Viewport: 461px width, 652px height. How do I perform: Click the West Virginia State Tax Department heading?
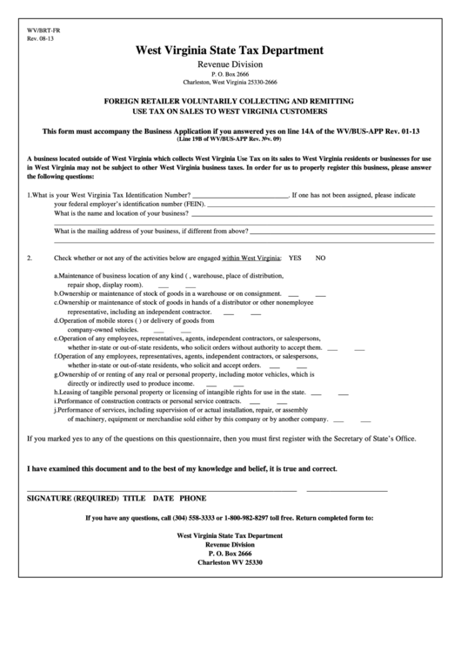click(x=230, y=50)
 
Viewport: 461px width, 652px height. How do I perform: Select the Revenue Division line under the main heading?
click(x=230, y=64)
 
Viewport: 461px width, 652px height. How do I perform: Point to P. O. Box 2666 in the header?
click(x=230, y=74)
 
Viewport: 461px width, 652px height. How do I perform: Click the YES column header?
click(x=295, y=259)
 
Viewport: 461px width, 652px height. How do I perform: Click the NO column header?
click(x=320, y=259)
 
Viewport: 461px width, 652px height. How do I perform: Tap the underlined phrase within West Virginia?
click(x=251, y=259)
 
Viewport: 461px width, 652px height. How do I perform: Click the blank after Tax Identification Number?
click(x=238, y=196)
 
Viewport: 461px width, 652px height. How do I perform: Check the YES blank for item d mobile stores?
click(x=159, y=331)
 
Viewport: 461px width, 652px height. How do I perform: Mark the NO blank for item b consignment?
click(x=321, y=294)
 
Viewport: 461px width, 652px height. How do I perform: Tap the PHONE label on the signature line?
click(x=192, y=497)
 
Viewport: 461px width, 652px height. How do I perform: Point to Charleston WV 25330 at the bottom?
click(x=230, y=562)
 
